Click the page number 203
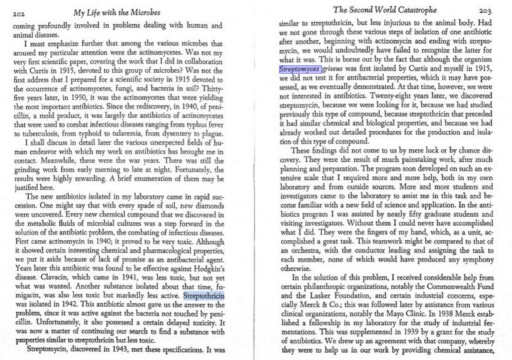(484, 11)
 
